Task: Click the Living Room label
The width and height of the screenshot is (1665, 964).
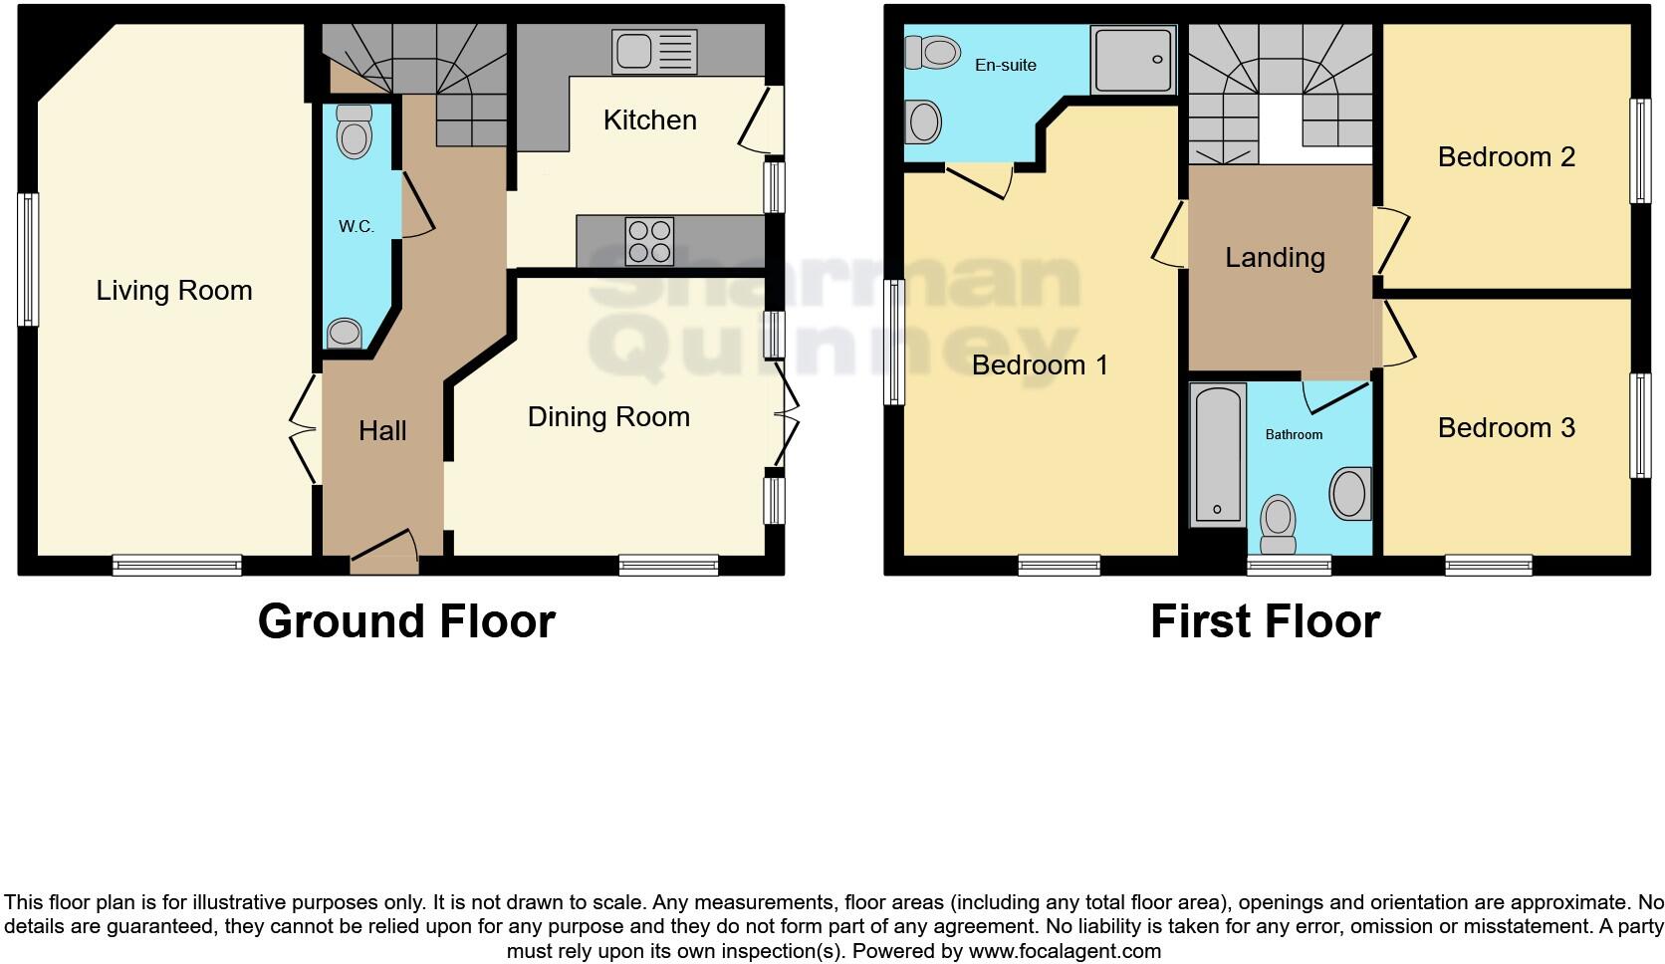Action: point(174,291)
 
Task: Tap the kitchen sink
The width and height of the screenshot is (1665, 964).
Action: point(654,51)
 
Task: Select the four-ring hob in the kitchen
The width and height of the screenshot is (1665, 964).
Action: point(648,241)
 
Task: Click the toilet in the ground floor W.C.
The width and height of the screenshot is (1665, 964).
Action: point(354,131)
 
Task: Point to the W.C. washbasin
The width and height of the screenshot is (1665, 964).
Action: point(345,332)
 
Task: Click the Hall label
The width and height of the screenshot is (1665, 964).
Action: point(382,431)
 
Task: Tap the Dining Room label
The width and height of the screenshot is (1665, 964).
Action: point(608,416)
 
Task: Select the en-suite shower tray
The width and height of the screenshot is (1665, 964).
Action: point(1134,60)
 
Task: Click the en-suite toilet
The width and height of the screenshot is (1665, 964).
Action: point(934,52)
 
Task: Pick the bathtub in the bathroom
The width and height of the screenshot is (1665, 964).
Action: point(1217,453)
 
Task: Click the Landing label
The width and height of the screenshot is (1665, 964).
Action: point(1275,258)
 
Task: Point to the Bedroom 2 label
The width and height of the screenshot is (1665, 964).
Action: point(1506,157)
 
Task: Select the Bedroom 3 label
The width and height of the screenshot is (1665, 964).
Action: point(1506,428)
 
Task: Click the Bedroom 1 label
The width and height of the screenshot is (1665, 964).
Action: point(1040,364)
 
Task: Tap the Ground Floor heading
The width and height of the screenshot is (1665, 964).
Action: point(406,621)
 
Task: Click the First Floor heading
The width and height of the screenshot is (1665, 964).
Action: point(1265,621)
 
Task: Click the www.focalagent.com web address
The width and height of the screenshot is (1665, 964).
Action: point(1065,951)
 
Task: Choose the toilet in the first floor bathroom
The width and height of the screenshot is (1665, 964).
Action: point(1278,523)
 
